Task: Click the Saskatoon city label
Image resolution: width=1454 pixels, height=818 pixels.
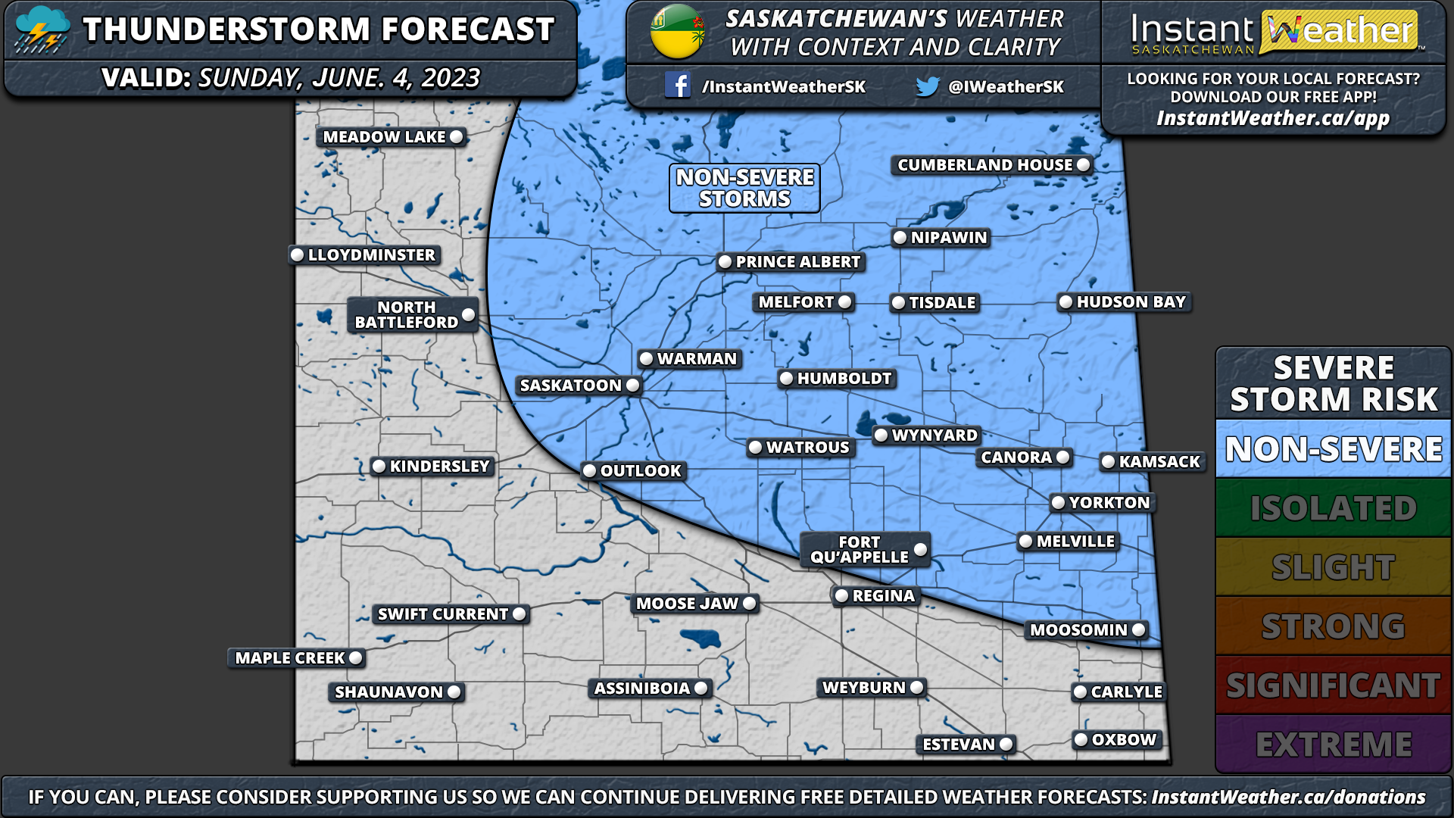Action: (571, 386)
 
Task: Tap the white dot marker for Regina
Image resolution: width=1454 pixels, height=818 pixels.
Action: (841, 596)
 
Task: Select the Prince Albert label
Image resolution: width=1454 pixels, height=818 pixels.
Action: (797, 262)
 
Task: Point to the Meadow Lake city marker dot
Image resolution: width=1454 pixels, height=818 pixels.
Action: (456, 137)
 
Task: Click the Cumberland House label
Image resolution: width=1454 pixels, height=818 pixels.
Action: (984, 165)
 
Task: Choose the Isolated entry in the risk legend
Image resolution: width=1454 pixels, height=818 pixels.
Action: (1333, 508)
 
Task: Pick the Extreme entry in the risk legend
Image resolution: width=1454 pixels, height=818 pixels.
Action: (1333, 745)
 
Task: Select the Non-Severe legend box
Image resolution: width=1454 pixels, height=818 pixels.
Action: (1333, 449)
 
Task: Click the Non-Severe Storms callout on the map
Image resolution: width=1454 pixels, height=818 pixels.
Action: (744, 188)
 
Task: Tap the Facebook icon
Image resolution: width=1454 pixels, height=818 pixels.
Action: (677, 86)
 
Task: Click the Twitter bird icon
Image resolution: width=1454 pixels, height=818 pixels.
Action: (927, 86)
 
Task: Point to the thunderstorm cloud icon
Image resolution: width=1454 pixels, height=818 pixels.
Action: (42, 30)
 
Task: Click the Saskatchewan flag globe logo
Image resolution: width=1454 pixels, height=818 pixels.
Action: (677, 32)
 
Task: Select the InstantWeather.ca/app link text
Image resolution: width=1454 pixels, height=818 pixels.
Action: (1272, 119)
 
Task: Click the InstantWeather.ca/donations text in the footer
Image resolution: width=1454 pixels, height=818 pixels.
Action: (1288, 797)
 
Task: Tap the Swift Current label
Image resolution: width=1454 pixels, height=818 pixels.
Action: (442, 614)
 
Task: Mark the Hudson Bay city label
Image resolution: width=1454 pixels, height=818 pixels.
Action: (1131, 302)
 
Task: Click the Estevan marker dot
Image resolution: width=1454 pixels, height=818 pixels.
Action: (1006, 745)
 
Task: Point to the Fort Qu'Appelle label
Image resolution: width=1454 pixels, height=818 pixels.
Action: (859, 550)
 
